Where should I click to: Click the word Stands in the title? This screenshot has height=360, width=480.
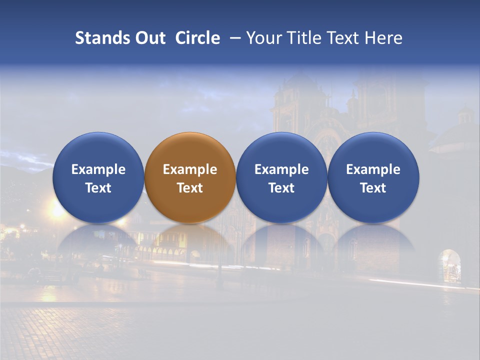click(99, 38)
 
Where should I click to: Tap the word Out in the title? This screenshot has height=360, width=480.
click(148, 38)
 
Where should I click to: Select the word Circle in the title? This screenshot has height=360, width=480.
click(197, 38)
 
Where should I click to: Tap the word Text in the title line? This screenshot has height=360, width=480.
click(342, 38)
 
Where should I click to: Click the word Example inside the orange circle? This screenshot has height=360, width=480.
click(190, 169)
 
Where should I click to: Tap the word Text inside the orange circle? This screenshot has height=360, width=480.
click(190, 188)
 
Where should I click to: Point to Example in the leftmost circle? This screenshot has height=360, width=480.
click(98, 169)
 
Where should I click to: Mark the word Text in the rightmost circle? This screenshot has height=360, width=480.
click(373, 188)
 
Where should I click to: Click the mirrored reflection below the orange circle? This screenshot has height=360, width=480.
click(189, 242)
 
